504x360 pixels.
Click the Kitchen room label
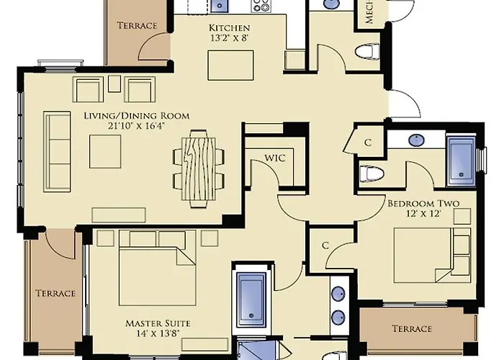tap(229, 27)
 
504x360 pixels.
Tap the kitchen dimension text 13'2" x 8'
tap(230, 38)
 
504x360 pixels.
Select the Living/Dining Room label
tap(137, 116)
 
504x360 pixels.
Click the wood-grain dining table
tap(199, 169)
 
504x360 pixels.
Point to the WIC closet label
tap(275, 158)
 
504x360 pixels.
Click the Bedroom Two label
tap(423, 203)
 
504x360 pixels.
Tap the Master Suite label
tap(158, 323)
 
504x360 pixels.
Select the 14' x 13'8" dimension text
tap(158, 333)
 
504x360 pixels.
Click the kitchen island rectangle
tap(230, 66)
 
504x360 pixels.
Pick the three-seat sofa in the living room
tap(57, 152)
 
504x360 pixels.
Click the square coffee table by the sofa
tap(105, 151)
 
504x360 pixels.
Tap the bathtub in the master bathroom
tap(251, 300)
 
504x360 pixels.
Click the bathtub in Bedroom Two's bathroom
tap(461, 161)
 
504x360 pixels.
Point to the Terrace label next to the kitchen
tap(137, 25)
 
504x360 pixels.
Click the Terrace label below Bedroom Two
tap(412, 328)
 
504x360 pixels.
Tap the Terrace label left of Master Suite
tap(55, 293)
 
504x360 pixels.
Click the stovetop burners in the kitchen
tap(261, 6)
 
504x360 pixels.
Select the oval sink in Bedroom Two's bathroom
tap(416, 140)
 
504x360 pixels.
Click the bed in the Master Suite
tap(157, 267)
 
